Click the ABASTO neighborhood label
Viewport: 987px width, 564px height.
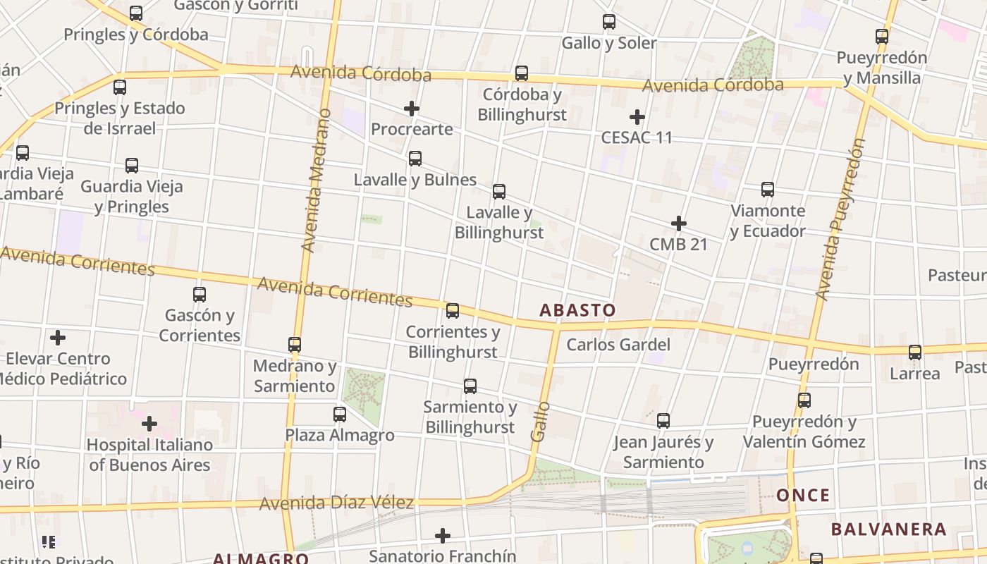coord(577,310)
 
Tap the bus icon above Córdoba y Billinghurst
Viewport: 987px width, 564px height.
coord(522,73)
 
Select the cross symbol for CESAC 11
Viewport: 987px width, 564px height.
coord(637,116)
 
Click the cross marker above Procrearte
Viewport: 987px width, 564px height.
coord(412,109)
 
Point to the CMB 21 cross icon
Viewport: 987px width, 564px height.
coord(679,223)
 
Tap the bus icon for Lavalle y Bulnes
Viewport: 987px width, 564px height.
coord(415,159)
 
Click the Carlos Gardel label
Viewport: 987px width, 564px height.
coord(618,345)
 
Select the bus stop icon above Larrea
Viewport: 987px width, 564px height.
coord(915,352)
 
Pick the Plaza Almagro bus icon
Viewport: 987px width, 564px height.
coord(340,414)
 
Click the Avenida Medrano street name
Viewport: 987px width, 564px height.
coord(315,180)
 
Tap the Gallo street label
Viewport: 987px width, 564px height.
coord(540,422)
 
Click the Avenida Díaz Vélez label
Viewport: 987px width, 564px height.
coord(336,503)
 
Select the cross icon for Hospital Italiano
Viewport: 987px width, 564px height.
coord(149,424)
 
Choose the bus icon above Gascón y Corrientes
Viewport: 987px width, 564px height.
coord(200,294)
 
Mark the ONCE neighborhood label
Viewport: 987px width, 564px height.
coord(803,495)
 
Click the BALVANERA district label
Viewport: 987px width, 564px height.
coord(888,529)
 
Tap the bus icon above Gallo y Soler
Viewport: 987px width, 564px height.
coord(609,22)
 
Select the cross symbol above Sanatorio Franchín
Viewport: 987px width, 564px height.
coord(443,536)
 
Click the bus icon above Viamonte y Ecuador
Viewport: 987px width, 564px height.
coord(768,189)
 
